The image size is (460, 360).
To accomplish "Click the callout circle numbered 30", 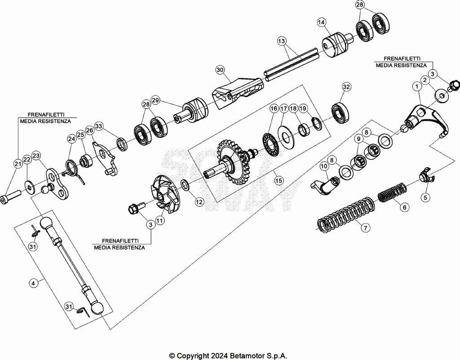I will [x=220, y=70].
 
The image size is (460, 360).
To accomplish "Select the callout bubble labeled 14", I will [x=321, y=22].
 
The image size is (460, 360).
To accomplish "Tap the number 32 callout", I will [x=346, y=87].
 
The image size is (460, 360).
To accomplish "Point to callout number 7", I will [x=366, y=228].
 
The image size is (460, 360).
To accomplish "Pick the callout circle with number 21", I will [x=18, y=164].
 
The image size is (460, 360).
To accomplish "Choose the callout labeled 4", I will [x=33, y=283].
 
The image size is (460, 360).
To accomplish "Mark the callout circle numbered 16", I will [x=274, y=109].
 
